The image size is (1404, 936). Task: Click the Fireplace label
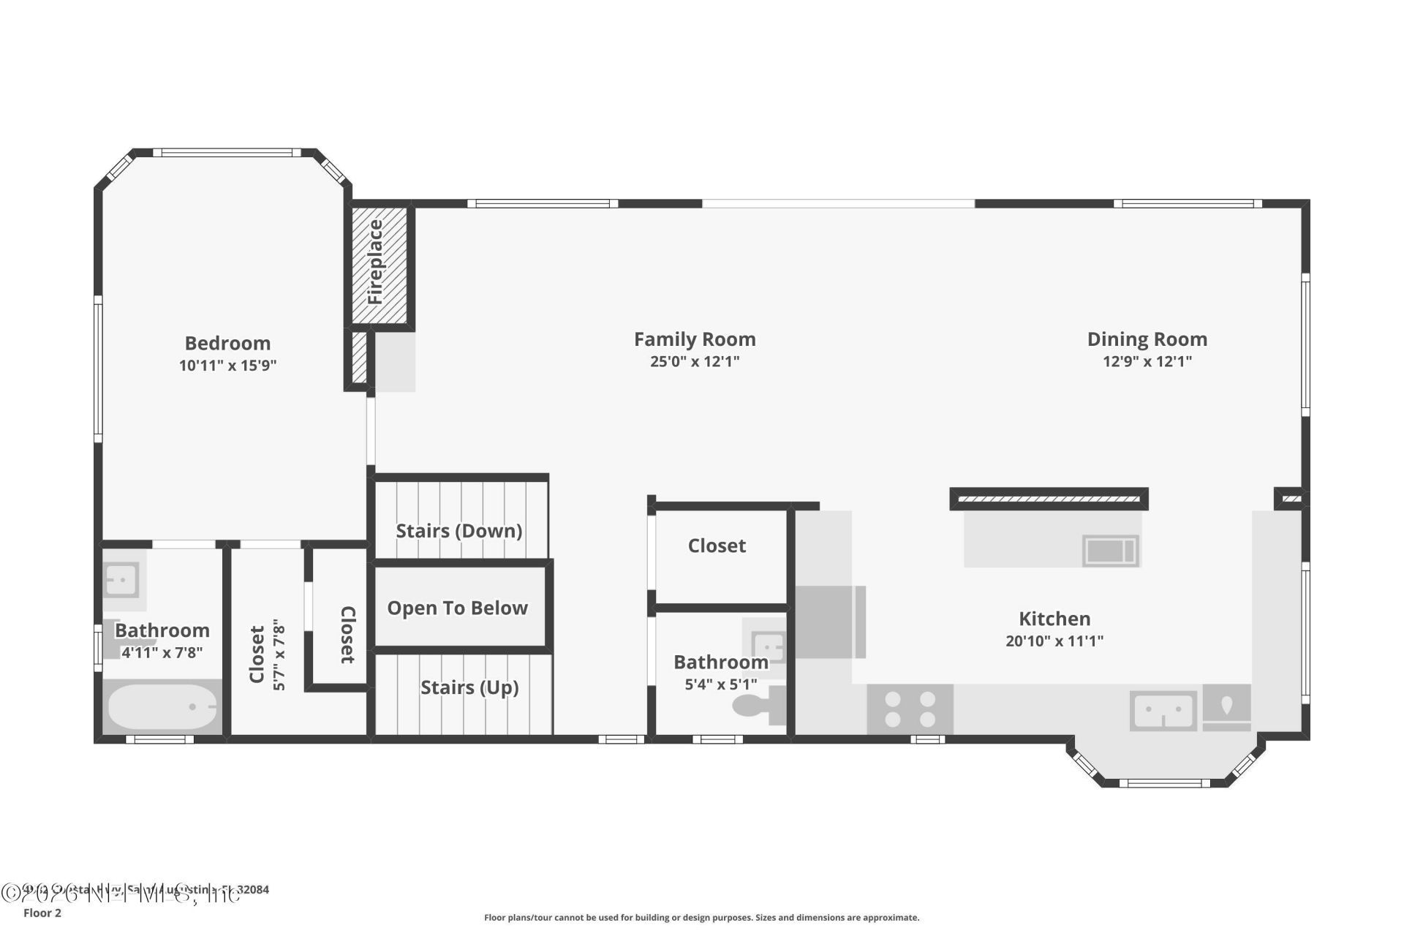click(375, 263)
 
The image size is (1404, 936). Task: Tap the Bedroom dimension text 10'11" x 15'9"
click(227, 366)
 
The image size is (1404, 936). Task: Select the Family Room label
click(694, 339)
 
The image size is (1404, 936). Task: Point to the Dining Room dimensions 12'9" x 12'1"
click(1147, 361)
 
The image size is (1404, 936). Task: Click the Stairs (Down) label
click(459, 531)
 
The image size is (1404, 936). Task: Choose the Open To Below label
click(457, 608)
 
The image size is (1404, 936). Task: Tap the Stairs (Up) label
click(469, 687)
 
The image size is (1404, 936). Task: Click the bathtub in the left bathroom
click(162, 707)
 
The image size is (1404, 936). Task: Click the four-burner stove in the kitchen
click(910, 709)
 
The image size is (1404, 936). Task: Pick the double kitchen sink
click(1163, 711)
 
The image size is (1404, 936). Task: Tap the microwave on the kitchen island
click(1109, 551)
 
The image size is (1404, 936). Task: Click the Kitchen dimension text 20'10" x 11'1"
click(1054, 641)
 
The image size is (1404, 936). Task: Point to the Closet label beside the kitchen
click(717, 546)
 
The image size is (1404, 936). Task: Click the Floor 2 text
click(42, 913)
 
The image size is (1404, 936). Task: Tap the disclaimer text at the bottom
click(701, 917)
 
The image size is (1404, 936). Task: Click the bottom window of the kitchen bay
click(1164, 783)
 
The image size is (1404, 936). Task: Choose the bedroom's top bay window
click(230, 153)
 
